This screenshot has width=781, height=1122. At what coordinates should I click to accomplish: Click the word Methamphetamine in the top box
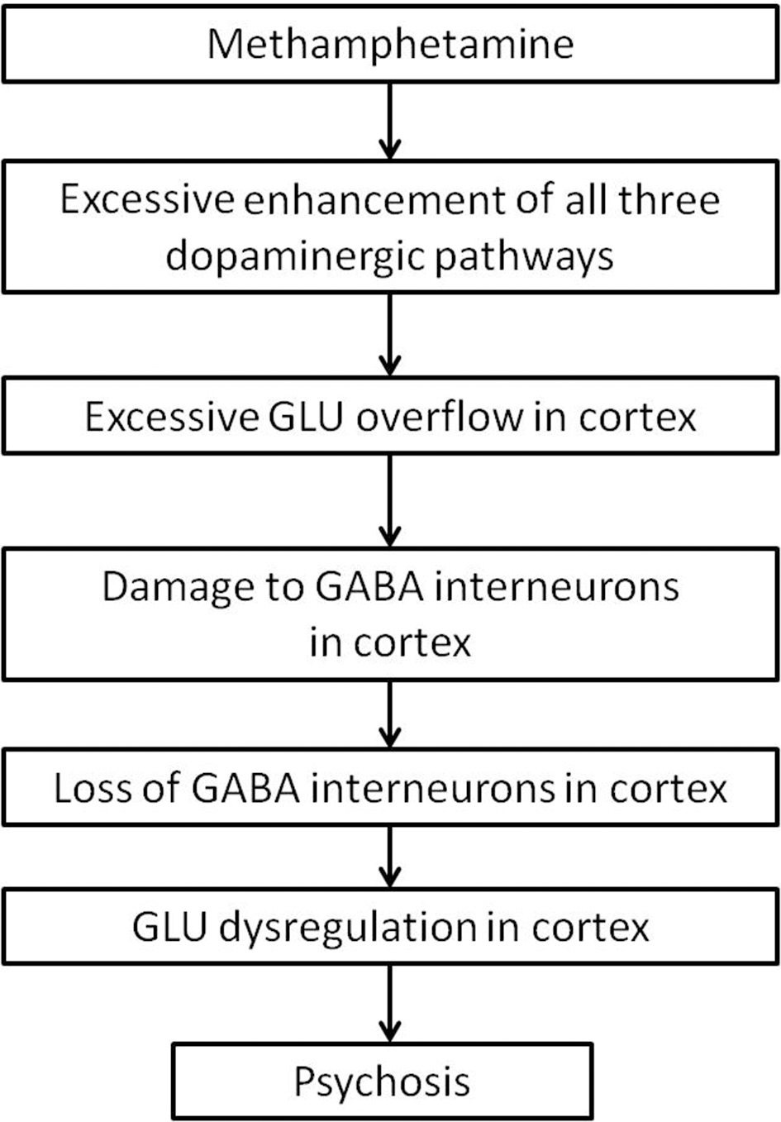(x=390, y=43)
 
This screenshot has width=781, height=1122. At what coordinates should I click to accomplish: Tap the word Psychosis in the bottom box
(x=382, y=1081)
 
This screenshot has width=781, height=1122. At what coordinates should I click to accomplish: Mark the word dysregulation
(x=347, y=927)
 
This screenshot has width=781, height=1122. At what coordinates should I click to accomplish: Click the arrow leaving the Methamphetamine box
(x=389, y=120)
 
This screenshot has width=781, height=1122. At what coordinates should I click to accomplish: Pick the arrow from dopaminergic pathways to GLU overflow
(x=389, y=335)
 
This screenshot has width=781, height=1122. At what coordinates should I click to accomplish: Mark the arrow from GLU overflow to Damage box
(x=389, y=500)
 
